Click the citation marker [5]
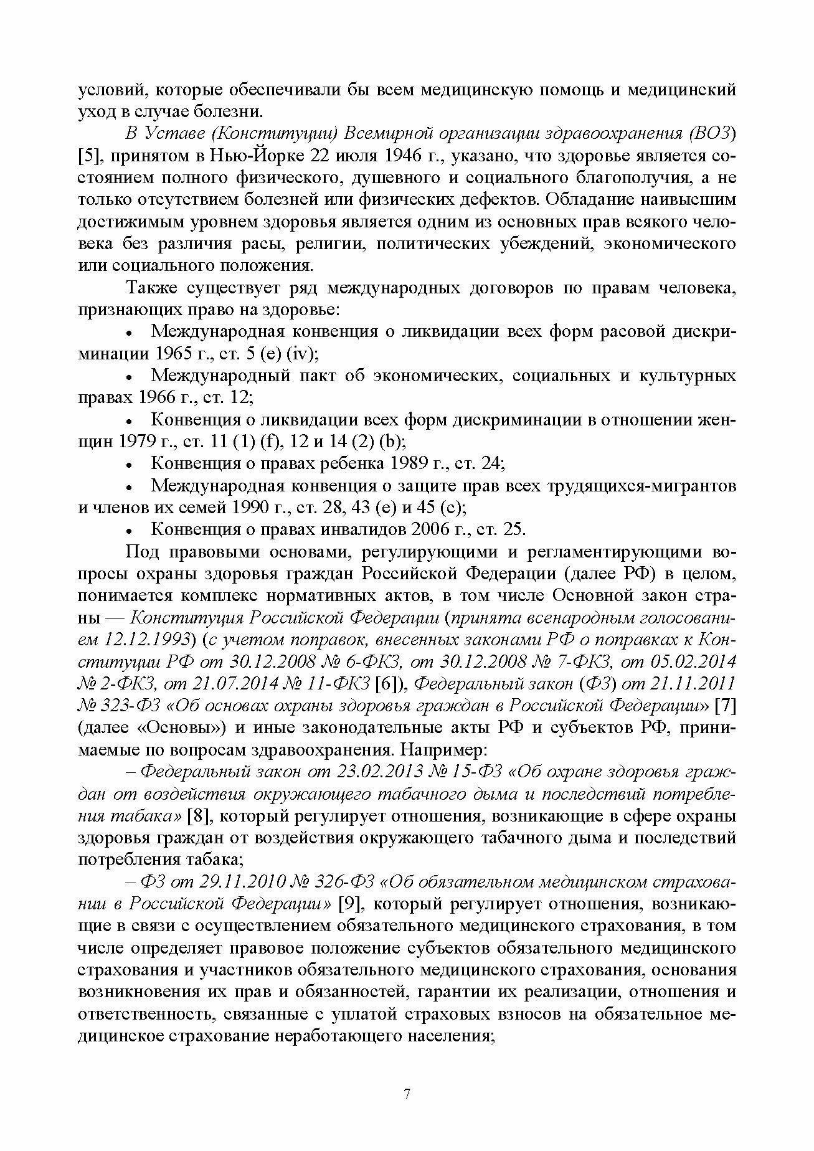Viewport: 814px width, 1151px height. [x=90, y=156]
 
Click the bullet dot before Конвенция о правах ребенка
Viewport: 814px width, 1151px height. [x=130, y=465]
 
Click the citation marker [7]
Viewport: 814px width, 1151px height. [x=726, y=705]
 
